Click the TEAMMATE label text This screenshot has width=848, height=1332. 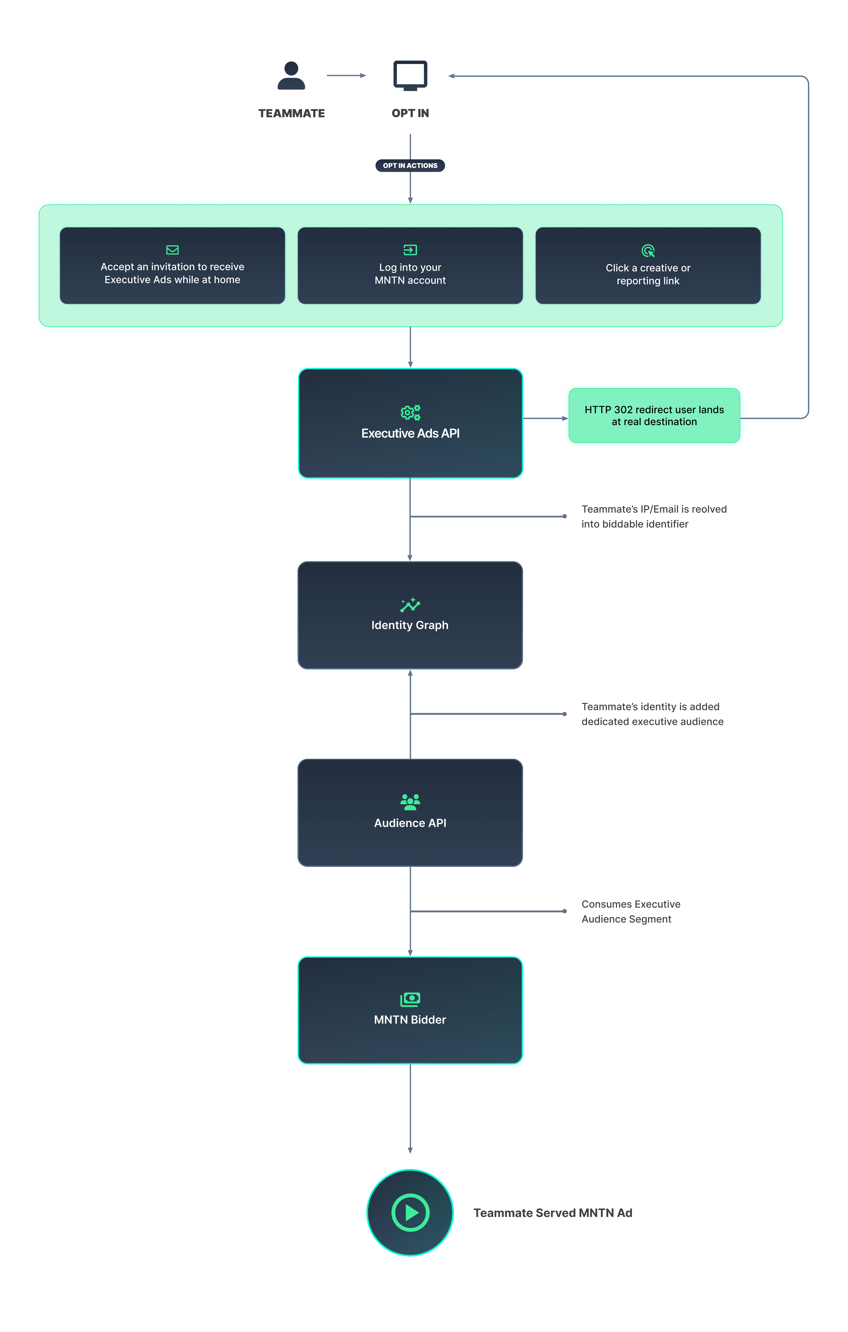tap(291, 113)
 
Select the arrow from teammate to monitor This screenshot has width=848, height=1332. tap(346, 75)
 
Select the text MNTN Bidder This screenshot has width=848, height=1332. tap(410, 1019)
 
